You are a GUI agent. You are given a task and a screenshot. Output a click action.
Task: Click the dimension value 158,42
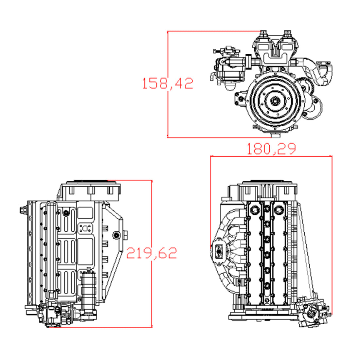coord(168,83)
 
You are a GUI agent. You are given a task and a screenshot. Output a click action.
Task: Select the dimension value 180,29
coord(271,149)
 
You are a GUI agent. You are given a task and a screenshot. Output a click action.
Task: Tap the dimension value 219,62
coord(152,253)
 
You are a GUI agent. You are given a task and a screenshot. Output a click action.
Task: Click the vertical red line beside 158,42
coord(168,108)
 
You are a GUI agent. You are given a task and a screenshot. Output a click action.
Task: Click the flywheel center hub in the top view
coord(274,102)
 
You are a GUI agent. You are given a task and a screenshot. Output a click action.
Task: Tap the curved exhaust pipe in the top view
coord(316,70)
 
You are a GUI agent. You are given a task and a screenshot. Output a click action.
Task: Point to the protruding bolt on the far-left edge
coord(22,210)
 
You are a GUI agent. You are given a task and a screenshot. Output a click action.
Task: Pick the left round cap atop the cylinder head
coord(253,208)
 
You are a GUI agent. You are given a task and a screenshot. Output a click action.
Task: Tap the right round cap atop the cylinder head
coord(279,208)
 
